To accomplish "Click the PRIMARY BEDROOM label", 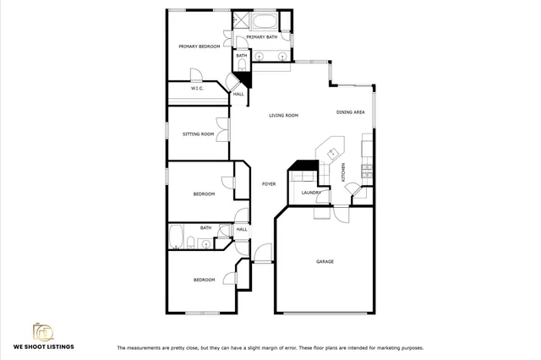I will [199, 46].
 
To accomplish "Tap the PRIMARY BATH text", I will [261, 38].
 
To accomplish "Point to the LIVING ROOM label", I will [285, 115].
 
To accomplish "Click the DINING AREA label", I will [350, 112].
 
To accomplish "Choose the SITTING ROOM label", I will [199, 134].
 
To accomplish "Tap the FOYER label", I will [269, 183].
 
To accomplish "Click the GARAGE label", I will [325, 261].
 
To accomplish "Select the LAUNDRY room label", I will [310, 194].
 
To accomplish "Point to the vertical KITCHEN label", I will [343, 173].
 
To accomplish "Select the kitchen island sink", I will [334, 153].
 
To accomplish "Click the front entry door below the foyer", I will [263, 252].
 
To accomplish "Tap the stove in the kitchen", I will [366, 172].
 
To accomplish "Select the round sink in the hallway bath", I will [205, 243].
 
